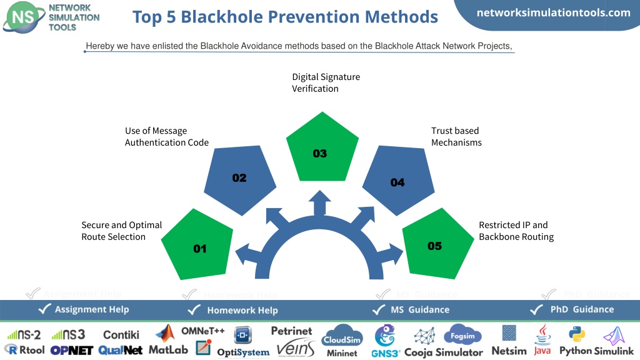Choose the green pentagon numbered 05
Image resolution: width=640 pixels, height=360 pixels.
pos(438,244)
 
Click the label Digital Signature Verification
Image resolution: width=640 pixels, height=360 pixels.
pos(326,83)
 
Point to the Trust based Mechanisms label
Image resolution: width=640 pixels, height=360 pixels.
pos(456,137)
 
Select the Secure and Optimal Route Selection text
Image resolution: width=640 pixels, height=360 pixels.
pos(122,231)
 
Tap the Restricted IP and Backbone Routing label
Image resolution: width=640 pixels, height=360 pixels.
pos(516,231)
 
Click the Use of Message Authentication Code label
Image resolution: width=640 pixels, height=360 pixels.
pos(166,137)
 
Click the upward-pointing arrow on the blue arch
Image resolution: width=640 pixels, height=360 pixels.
pos(319,202)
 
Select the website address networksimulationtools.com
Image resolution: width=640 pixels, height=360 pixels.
pos(554,12)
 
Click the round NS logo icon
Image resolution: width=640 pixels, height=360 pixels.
pos(24,17)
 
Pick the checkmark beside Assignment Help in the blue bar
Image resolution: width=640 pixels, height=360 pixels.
pos(44,309)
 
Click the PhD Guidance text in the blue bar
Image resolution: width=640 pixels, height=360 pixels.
pos(582,309)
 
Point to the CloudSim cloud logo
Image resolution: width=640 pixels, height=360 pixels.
pos(342,336)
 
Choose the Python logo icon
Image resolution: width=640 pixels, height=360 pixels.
pos(577,334)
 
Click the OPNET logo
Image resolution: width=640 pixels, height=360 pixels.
pos(72,351)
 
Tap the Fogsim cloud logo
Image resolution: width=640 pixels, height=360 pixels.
pos(462,335)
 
